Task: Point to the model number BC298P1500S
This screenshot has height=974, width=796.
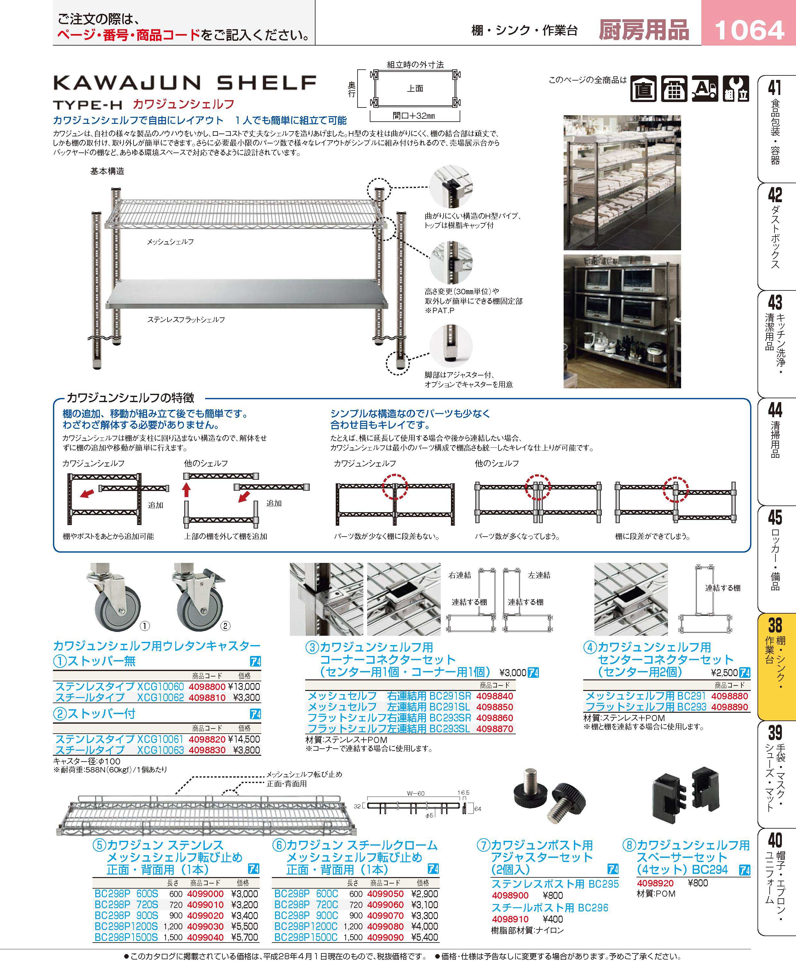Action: coord(126,937)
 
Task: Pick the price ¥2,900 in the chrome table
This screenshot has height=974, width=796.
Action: coord(425,894)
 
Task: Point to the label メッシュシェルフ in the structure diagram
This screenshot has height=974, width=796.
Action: coord(170,242)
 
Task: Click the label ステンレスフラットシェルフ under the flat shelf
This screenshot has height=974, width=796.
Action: coord(186,319)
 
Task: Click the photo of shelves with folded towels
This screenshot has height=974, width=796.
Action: coord(622,182)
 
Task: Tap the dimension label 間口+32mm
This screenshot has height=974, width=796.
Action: coord(414,116)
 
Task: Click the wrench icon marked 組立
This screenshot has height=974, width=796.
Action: coord(736,89)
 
